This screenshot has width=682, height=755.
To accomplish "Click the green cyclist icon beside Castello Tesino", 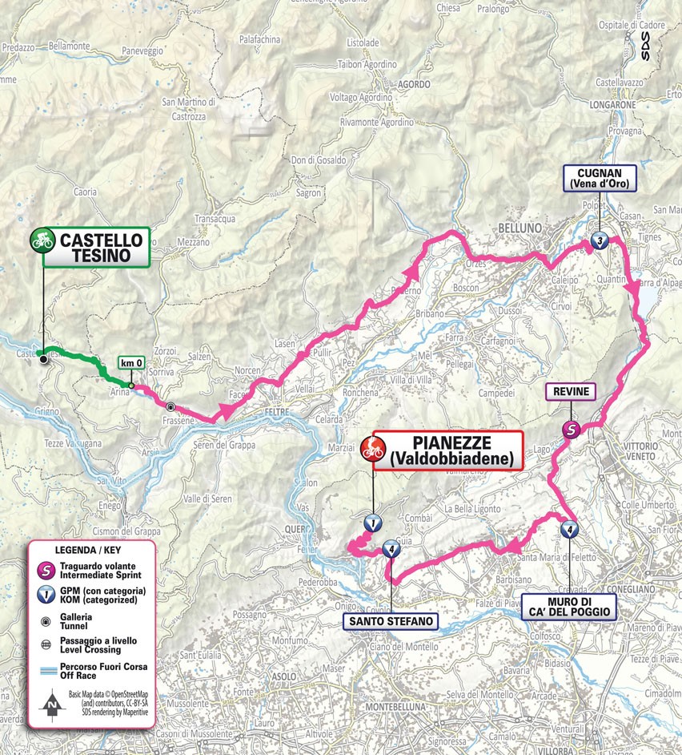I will click(42, 239).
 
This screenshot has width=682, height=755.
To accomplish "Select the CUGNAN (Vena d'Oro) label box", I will click(600, 179).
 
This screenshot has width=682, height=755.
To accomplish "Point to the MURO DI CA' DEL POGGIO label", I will click(569, 606).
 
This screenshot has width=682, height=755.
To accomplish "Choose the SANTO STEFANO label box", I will click(391, 621).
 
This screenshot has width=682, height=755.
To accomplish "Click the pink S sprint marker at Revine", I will click(571, 429).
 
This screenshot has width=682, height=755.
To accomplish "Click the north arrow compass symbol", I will click(51, 706).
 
